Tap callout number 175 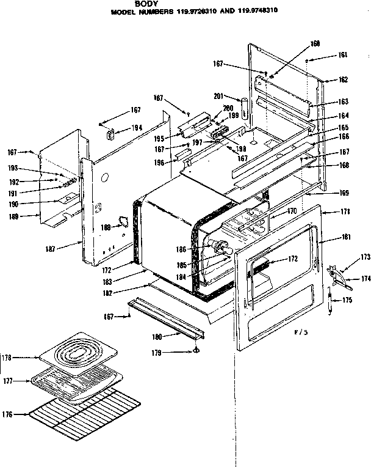coord(346,300)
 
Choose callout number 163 coord(343,102)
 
